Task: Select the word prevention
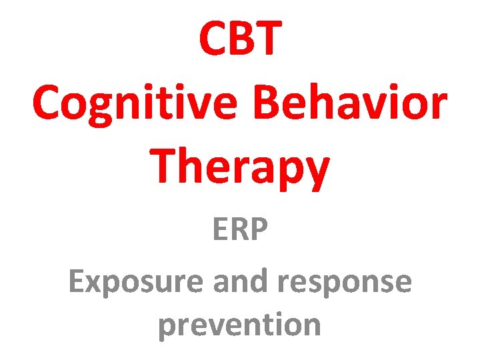coord(240,325)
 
